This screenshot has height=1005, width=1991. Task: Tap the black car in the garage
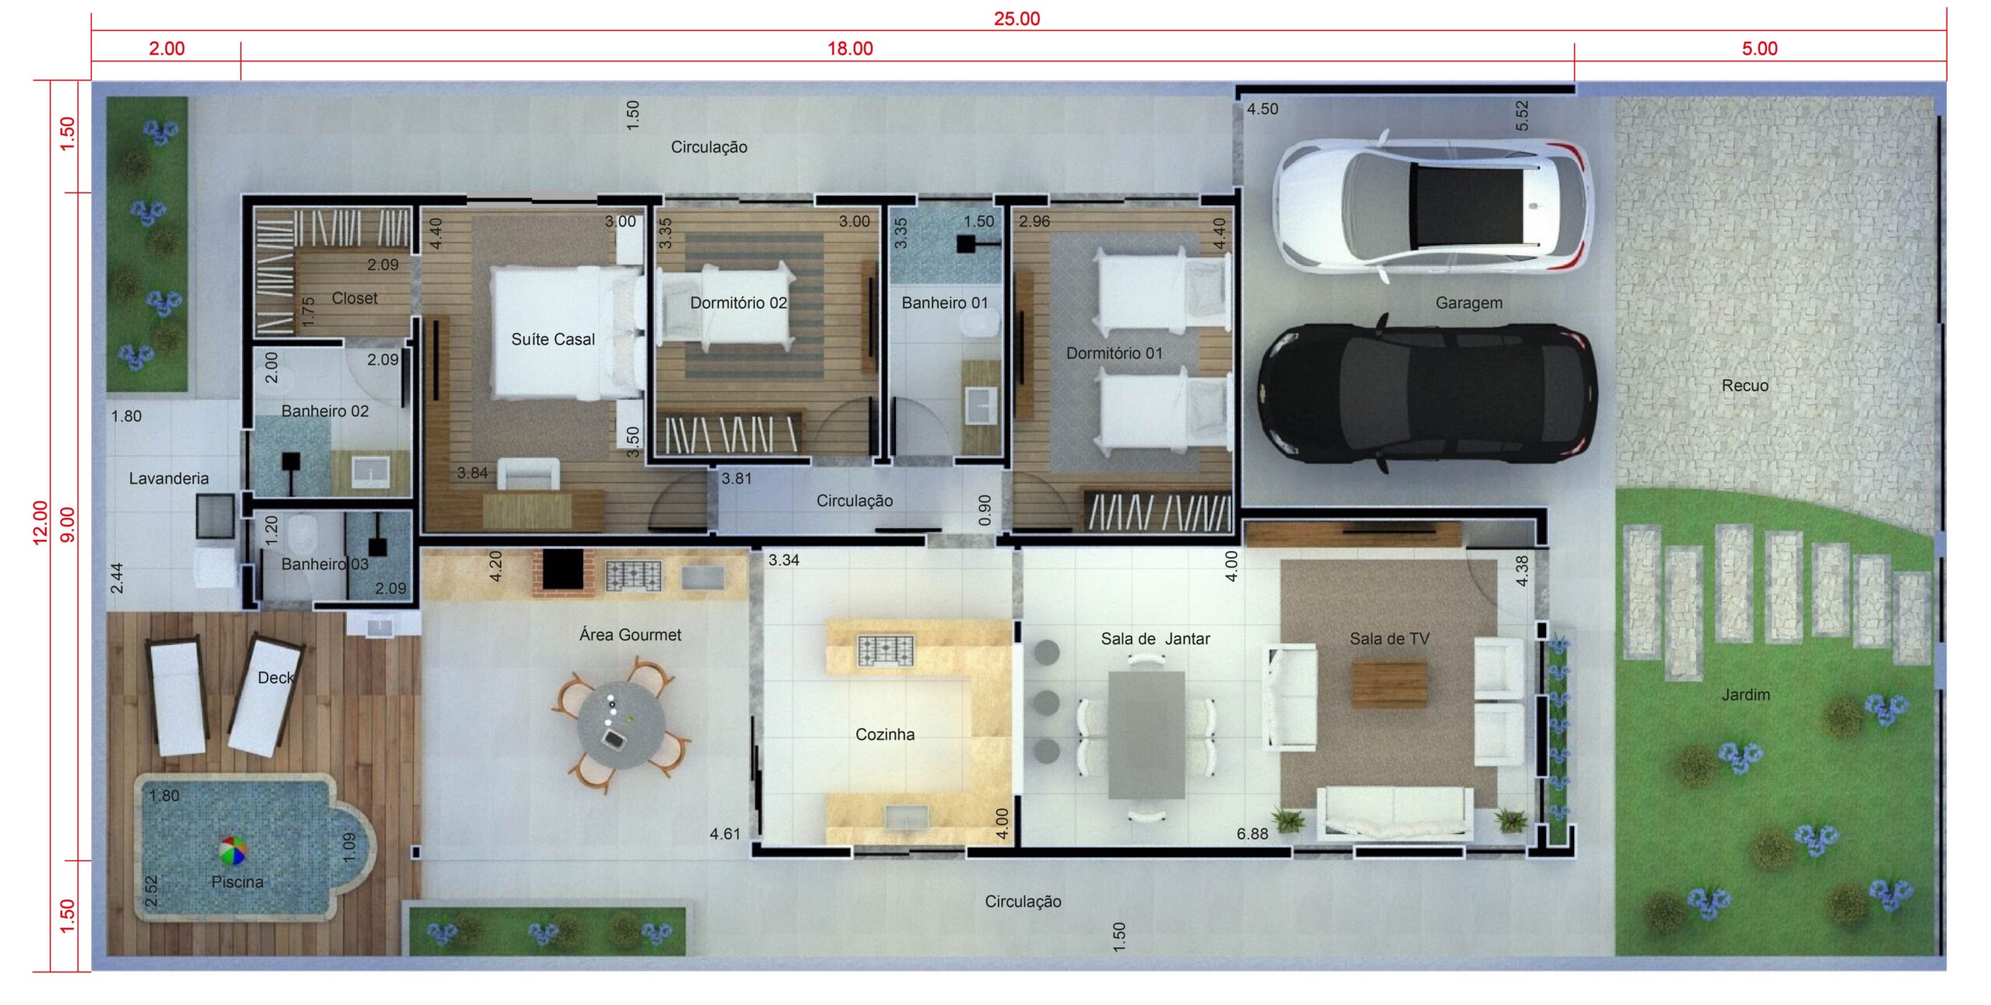tap(1428, 394)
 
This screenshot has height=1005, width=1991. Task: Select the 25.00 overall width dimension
tap(1016, 19)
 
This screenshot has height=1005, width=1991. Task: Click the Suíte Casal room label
tap(553, 339)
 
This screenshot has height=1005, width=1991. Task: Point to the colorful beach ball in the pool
tap(233, 850)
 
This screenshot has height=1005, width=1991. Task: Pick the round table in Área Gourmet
tap(621, 725)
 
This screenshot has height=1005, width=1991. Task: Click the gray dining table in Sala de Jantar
tap(1146, 735)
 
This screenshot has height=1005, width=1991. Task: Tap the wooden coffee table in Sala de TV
tap(1389, 684)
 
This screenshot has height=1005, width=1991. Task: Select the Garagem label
tap(1468, 303)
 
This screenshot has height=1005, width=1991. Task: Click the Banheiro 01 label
tap(945, 303)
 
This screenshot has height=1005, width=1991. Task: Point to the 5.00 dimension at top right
tap(1759, 48)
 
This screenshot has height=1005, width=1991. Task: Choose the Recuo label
tap(1744, 386)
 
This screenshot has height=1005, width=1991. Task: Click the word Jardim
tap(1745, 695)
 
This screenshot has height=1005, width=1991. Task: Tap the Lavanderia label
tap(169, 478)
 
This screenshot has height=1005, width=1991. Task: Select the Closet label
tap(355, 298)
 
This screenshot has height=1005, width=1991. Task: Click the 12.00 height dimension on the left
tap(40, 522)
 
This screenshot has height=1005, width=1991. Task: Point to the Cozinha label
tap(885, 734)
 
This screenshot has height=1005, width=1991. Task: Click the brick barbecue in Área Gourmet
tap(562, 573)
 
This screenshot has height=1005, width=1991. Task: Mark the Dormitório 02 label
tap(738, 303)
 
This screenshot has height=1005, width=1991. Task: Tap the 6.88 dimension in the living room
tap(1252, 834)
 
